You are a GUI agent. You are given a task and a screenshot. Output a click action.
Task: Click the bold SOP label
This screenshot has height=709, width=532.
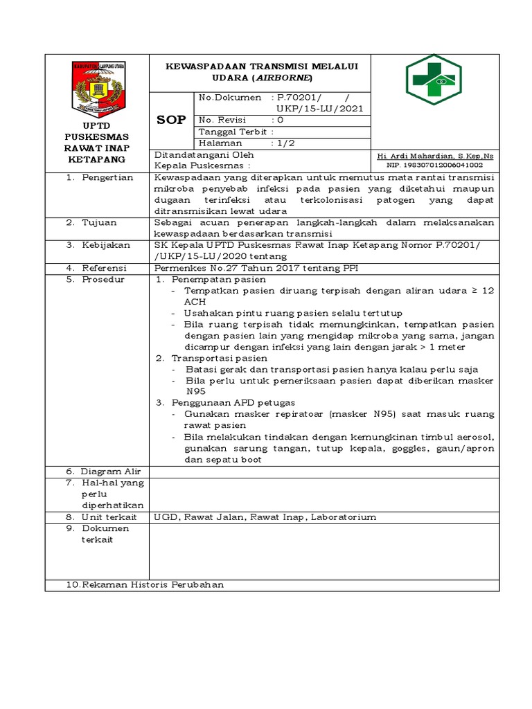coord(171,120)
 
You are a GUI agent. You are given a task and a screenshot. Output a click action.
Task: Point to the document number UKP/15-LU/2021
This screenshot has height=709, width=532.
coord(319,109)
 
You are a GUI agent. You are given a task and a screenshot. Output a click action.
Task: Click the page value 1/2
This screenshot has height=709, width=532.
coord(285,143)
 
